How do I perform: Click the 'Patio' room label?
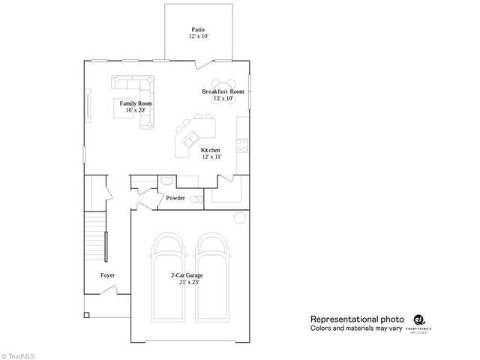pos(198,29)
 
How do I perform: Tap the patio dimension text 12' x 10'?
pos(198,36)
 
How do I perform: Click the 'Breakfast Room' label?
pos(223,91)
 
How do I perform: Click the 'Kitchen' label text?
pos(210,151)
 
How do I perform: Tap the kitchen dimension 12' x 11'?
pos(210,157)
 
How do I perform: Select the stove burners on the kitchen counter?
pos(242,143)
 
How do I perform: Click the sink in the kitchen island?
pos(190,139)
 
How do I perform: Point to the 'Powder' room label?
pos(175,198)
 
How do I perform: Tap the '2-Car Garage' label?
pos(187,275)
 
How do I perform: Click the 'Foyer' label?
pos(108,275)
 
